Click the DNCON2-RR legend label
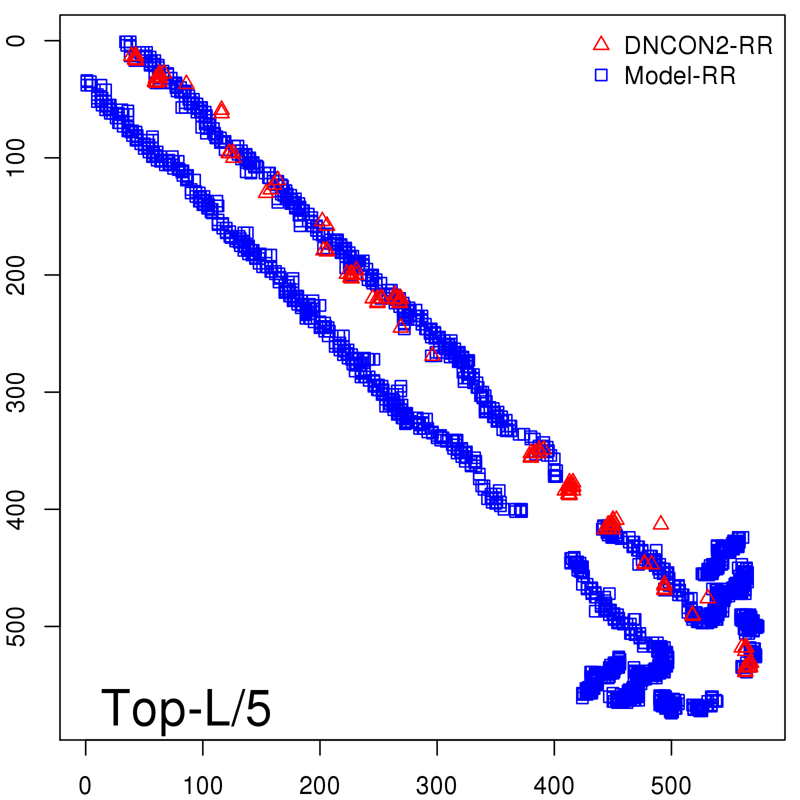click(x=698, y=46)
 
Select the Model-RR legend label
click(x=680, y=76)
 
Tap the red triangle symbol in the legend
click(x=601, y=44)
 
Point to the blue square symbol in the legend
click(x=601, y=75)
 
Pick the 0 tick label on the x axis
click(x=85, y=786)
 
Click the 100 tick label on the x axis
click(x=202, y=786)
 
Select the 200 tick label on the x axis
click(x=319, y=786)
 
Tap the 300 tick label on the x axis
click(x=436, y=786)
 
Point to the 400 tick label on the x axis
click(x=554, y=786)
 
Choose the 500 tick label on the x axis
click(x=671, y=786)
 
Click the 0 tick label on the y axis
click(x=17, y=40)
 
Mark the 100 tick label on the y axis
click(x=17, y=157)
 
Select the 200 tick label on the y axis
click(x=17, y=275)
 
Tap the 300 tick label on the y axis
click(x=17, y=392)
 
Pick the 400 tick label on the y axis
click(x=17, y=509)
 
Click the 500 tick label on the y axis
click(x=17, y=626)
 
